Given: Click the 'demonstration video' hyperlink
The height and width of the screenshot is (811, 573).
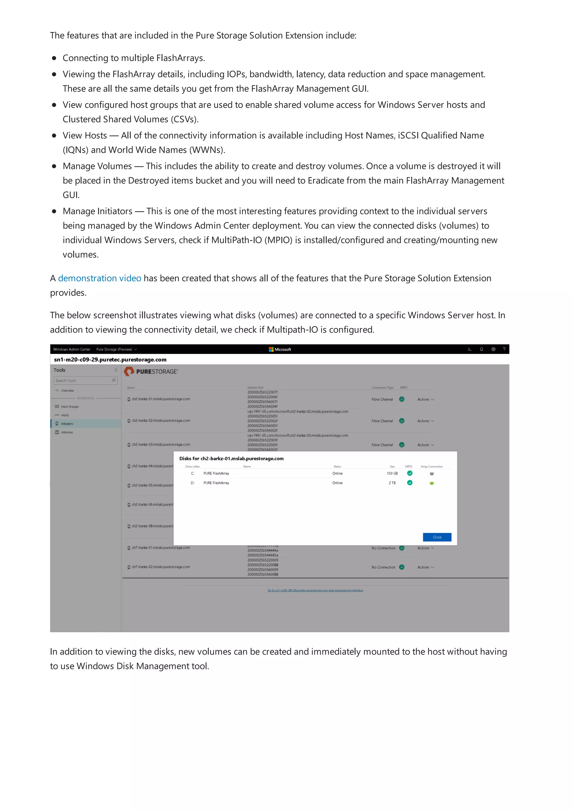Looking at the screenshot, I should click(99, 278).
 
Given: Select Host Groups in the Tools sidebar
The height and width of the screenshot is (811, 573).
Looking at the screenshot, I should click(70, 407).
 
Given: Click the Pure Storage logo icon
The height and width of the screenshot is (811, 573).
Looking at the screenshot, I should click(129, 371).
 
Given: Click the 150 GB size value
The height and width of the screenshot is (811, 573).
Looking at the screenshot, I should click(392, 473).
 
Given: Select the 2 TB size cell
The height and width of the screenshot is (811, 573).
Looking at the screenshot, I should click(392, 483).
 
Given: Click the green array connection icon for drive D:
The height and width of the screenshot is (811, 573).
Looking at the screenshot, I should click(431, 483).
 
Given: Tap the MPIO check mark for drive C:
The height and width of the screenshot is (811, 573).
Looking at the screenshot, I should click(410, 473).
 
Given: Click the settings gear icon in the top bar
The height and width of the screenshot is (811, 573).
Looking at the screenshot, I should click(493, 349).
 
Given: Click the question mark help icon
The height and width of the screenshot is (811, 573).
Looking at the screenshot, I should click(504, 349).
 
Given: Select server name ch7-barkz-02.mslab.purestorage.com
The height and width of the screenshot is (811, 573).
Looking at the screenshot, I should click(161, 567).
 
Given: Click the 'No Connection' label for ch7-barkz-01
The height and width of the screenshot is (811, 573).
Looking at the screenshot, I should click(383, 548).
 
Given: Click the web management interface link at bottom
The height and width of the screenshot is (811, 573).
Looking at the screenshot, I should click(315, 590).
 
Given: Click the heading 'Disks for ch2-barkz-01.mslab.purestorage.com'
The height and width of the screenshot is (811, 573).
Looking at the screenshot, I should click(231, 458).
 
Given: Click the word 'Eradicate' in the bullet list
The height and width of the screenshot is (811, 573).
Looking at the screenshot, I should click(325, 181).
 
